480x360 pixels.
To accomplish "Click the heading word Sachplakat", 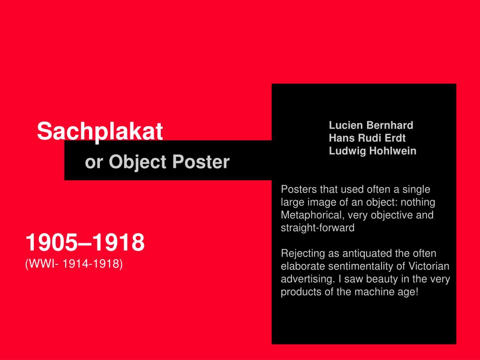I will click(x=100, y=131).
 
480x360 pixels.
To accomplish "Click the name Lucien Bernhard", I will click(x=371, y=125).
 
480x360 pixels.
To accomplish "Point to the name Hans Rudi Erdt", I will click(x=367, y=138).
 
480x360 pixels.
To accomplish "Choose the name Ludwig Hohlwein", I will click(x=372, y=151).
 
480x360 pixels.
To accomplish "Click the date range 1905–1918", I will click(x=85, y=243).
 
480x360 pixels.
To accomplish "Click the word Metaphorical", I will click(x=310, y=215).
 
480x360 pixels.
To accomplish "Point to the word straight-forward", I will click(x=317, y=228).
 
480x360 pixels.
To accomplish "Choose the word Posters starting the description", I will click(x=299, y=189).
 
